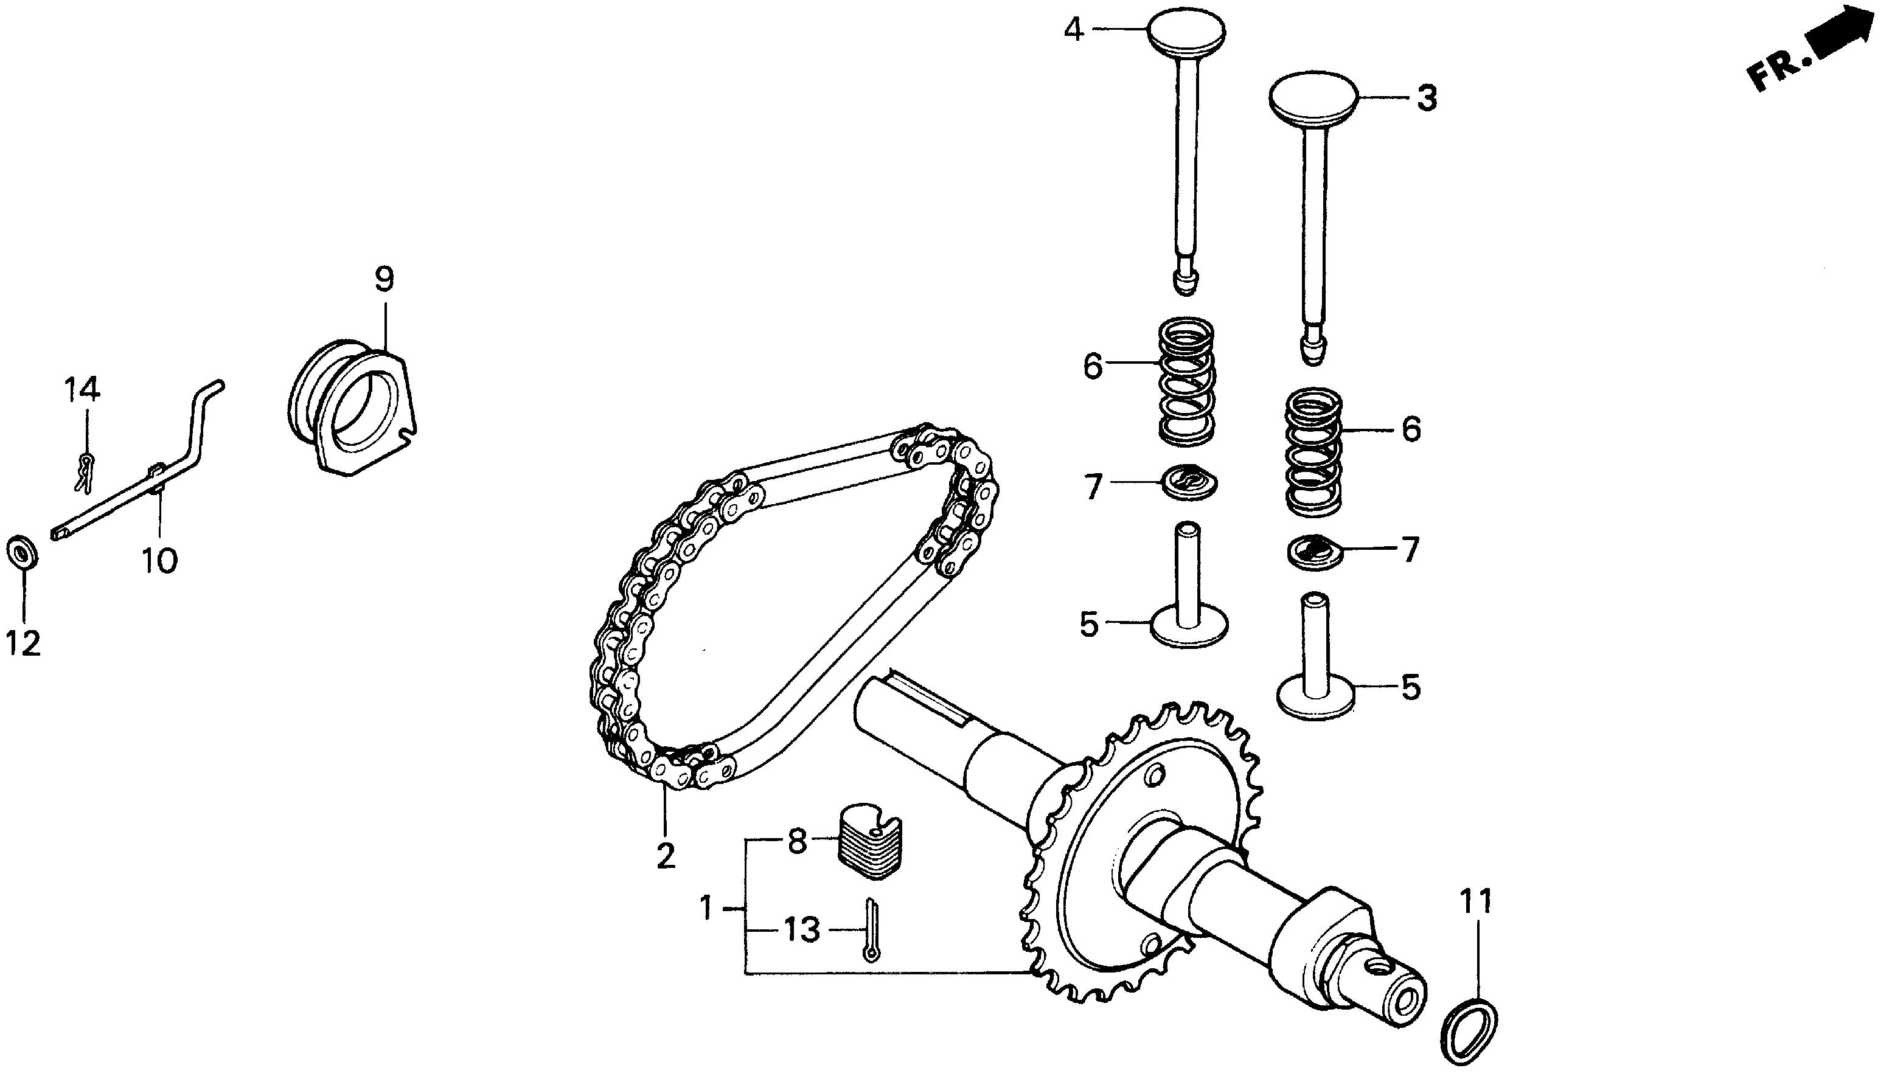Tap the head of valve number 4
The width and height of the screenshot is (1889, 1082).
coord(1186,29)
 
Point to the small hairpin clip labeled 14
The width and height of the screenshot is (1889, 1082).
coord(85,473)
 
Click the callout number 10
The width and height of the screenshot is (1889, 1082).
coord(161,560)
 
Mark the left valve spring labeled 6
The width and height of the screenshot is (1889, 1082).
coord(1187,381)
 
